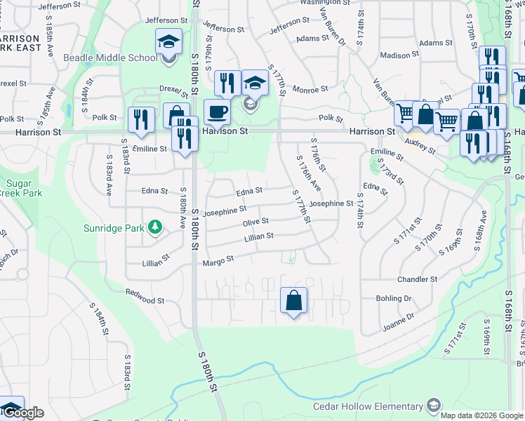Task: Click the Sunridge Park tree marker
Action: tap(154, 227)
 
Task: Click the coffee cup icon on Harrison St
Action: tap(217, 112)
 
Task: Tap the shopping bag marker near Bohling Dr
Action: tap(293, 300)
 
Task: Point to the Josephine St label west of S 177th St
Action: tap(225, 210)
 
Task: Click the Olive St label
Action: tap(255, 222)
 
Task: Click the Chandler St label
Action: tap(418, 279)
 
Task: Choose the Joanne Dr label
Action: tap(398, 322)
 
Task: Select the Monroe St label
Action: tap(310, 89)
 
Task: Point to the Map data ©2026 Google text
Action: tap(482, 415)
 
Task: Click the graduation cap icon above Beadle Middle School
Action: tap(168, 41)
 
